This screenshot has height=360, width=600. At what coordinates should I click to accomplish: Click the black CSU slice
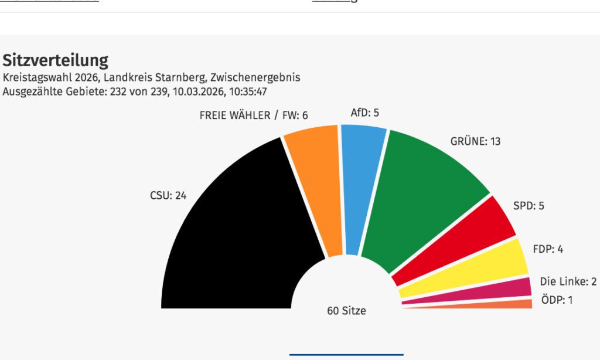[234, 235]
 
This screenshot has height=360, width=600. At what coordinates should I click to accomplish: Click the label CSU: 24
[168, 196]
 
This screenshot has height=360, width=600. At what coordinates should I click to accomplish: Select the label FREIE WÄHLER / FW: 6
[254, 116]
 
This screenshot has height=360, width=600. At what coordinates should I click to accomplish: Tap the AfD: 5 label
[364, 113]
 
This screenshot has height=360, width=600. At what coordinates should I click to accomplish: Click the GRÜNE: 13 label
[475, 141]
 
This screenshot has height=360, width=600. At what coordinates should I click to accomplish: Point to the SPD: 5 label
[529, 206]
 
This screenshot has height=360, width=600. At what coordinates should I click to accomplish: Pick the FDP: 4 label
[548, 249]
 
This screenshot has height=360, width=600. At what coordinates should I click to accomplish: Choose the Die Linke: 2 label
[568, 282]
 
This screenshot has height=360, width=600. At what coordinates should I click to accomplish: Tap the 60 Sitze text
[346, 311]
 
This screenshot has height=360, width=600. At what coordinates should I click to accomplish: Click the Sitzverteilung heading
[56, 60]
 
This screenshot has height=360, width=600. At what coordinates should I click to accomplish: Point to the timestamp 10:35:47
[249, 91]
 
